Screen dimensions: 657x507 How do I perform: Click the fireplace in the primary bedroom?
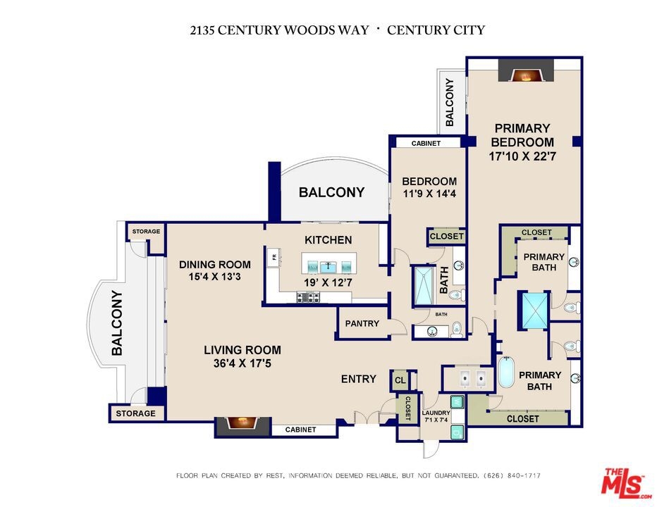tap(526, 70)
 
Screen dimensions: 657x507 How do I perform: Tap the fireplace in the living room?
tap(243, 426)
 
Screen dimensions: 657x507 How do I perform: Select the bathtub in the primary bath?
tap(505, 373)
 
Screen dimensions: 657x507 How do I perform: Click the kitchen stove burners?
tap(308, 297)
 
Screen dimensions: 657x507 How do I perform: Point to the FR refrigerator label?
tap(275, 256)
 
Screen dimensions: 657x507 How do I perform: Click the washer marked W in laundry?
tap(458, 402)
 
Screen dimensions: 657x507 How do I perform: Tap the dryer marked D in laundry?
tap(458, 432)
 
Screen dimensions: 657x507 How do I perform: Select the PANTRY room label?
tap(362, 323)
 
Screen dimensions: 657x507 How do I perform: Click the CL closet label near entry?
tap(400, 380)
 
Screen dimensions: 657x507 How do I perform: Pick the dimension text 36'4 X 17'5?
tap(242, 363)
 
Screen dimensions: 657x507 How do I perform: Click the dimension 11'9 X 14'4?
tap(429, 194)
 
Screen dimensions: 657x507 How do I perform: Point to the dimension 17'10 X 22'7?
tap(522, 156)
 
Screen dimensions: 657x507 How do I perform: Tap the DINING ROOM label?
tap(215, 265)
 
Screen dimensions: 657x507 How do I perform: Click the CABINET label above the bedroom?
tap(426, 143)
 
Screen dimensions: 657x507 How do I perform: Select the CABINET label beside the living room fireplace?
tap(300, 430)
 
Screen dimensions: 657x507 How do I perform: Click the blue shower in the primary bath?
tap(535, 311)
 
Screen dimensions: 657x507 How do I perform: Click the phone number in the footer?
tap(512, 475)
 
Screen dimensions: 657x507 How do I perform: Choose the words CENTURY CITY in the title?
tap(436, 30)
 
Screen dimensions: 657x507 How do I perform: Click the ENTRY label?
tap(359, 379)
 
